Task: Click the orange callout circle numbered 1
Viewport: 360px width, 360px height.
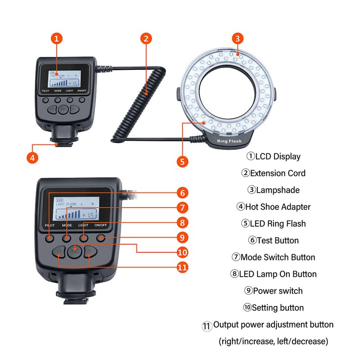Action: [56, 39]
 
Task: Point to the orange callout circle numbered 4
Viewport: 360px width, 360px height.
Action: [31, 158]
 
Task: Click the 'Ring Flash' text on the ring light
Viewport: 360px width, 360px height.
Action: [229, 141]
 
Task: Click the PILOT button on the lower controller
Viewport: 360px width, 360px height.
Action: [50, 237]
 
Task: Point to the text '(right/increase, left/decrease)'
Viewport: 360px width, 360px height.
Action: [273, 342]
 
